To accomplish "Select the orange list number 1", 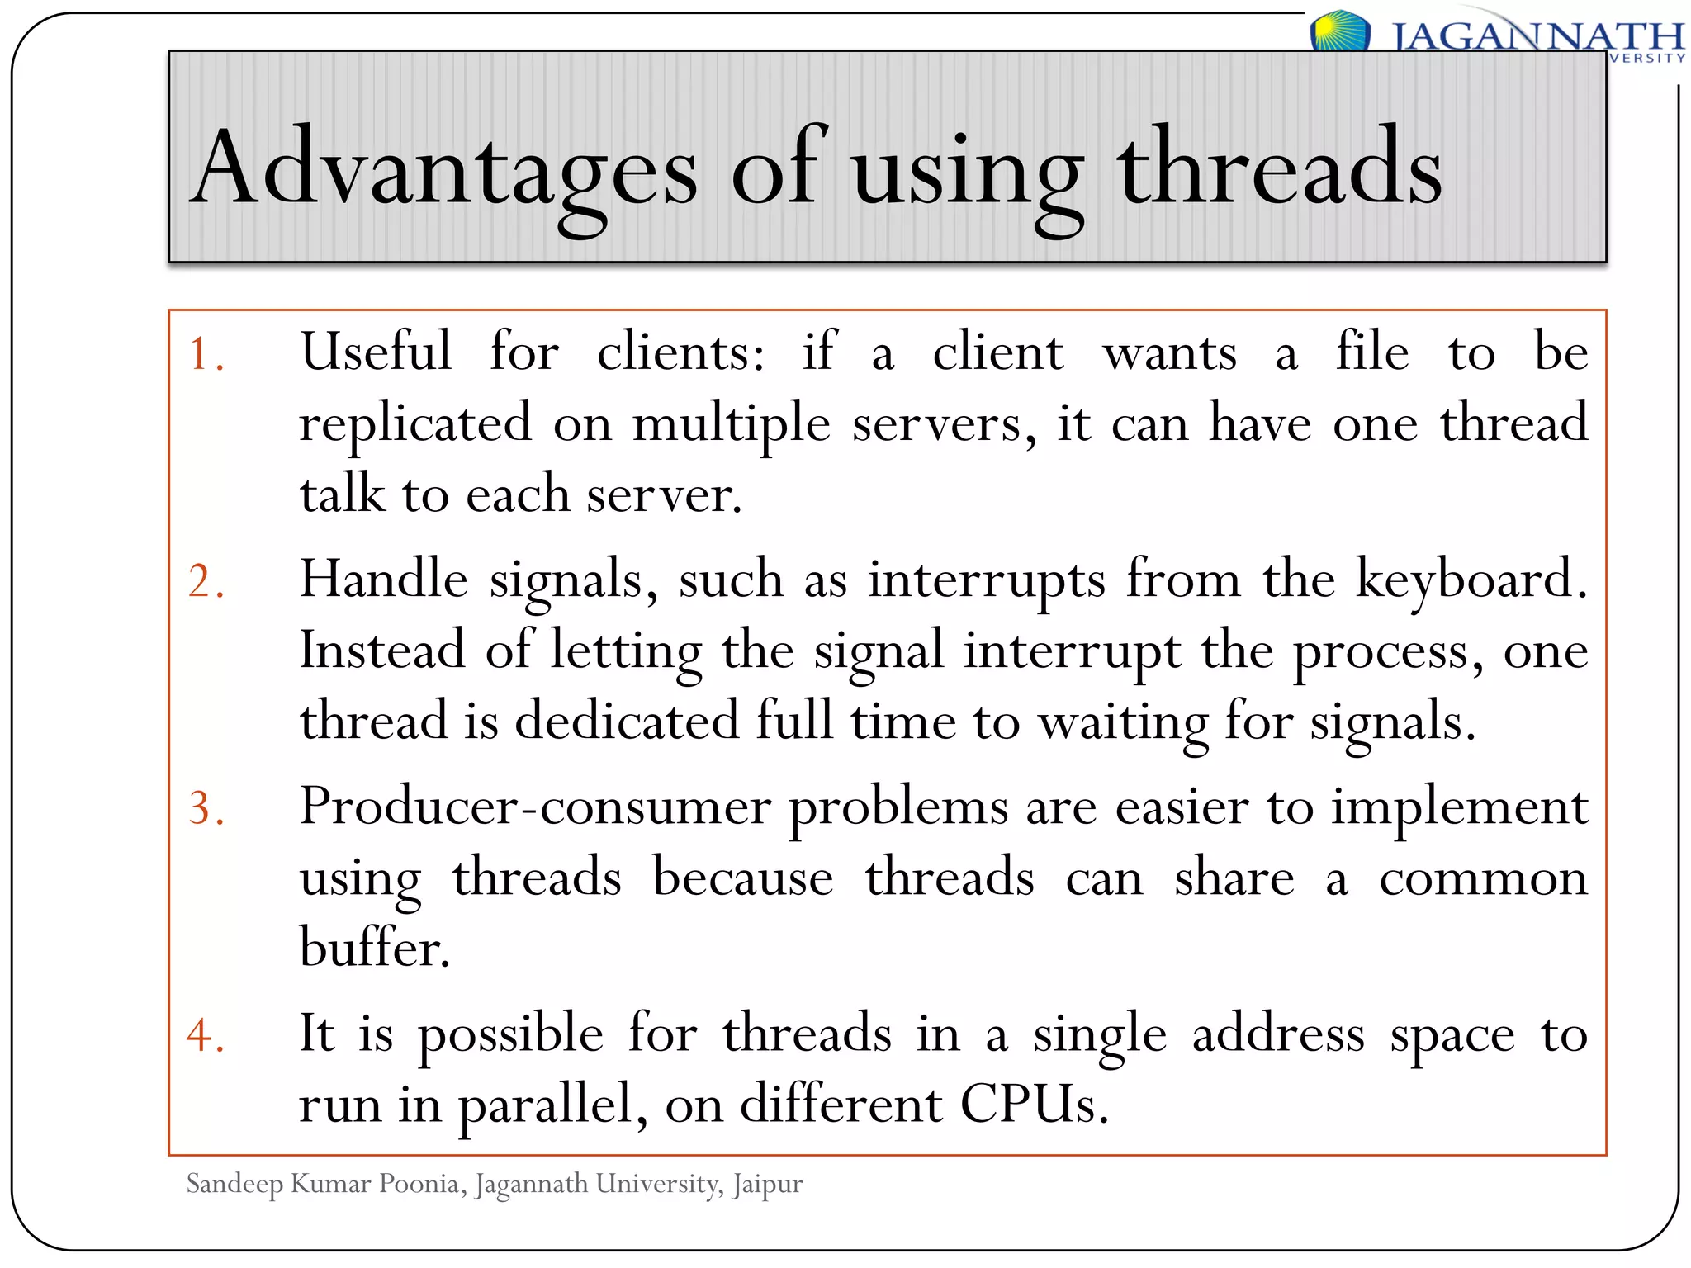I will coord(206,355).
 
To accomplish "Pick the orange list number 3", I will coord(206,808).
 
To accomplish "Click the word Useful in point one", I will coord(377,352).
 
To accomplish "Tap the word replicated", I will coord(415,423).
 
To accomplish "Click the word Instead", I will coord(382,650).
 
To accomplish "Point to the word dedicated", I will coord(627,721).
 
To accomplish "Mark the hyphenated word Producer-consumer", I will coord(534,807).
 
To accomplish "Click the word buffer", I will coord(374,948).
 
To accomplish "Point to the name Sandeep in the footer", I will coord(234,1185).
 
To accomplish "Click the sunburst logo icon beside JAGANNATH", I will coord(1338,31).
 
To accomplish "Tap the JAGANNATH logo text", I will coord(1537,37).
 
